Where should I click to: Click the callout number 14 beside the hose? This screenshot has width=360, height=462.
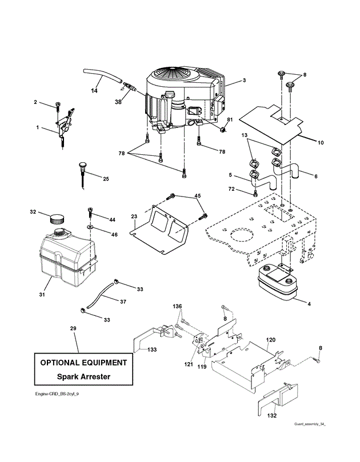point(94,91)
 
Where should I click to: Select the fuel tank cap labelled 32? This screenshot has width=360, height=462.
point(57,218)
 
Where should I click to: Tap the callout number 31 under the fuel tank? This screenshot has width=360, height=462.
point(42,295)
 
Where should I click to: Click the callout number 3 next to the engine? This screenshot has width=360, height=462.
point(244,81)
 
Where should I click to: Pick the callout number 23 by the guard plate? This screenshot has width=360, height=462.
point(134,216)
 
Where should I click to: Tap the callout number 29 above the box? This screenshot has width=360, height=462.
point(73,330)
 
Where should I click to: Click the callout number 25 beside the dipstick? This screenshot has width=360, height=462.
point(106,179)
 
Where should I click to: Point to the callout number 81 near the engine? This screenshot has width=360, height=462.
point(230,119)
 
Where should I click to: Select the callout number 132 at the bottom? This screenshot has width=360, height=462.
point(271,415)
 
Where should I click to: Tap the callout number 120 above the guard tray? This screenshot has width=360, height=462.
point(271,339)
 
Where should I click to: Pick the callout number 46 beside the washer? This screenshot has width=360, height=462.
point(115,235)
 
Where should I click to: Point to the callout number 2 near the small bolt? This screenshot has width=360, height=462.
point(35,102)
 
